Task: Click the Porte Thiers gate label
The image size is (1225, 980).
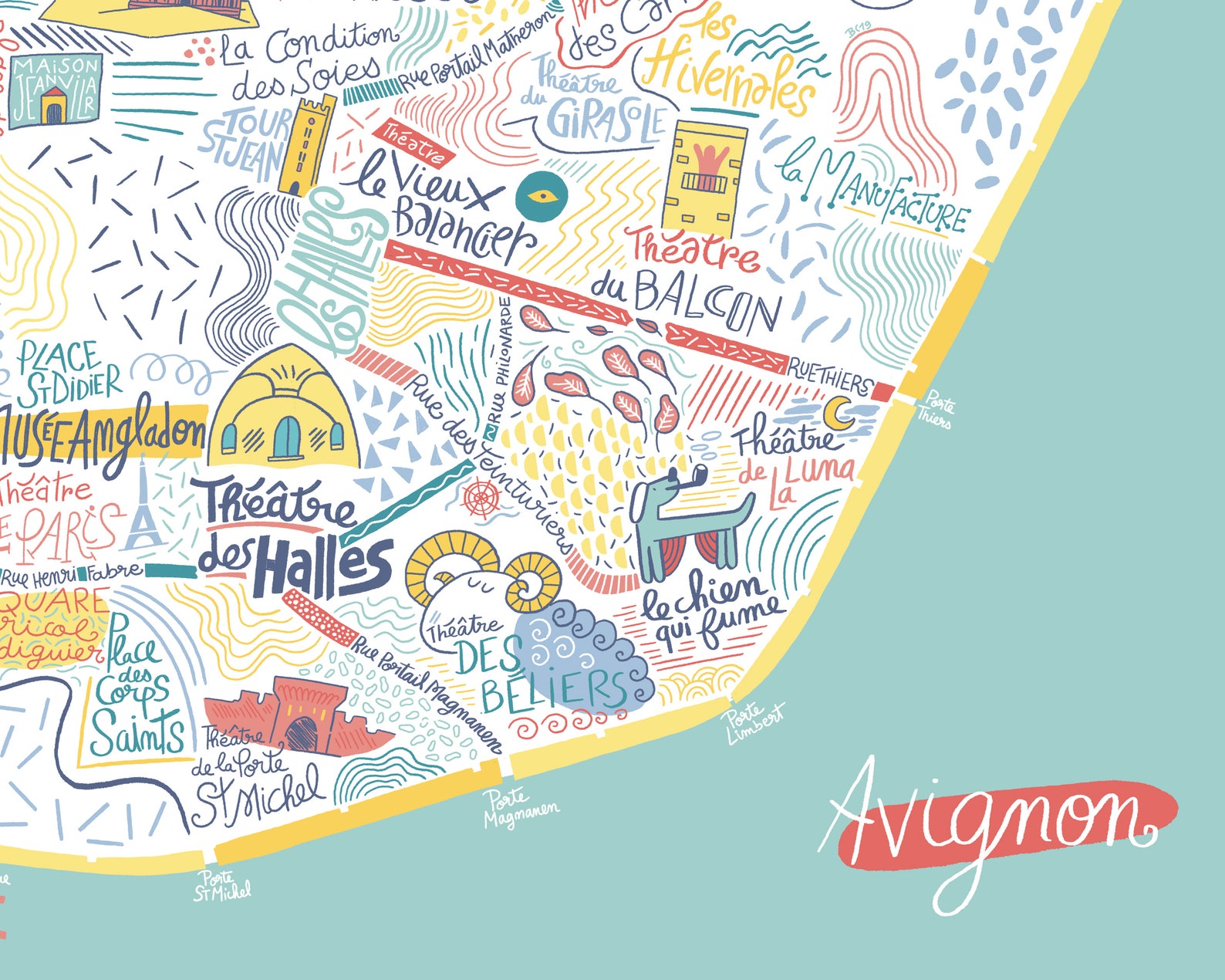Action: (x=935, y=411)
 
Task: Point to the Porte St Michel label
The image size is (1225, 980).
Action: (x=221, y=887)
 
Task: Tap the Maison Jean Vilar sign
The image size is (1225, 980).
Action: (x=55, y=90)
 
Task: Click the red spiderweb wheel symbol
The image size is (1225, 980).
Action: (x=481, y=497)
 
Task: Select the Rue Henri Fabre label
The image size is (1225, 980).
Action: (x=74, y=575)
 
